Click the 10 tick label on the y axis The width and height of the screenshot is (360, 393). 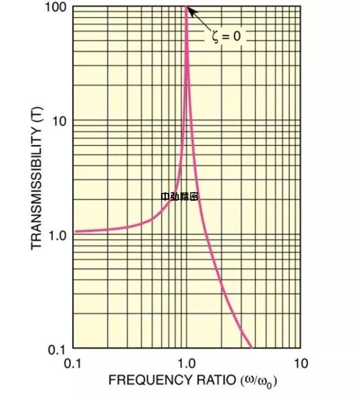tap(60, 121)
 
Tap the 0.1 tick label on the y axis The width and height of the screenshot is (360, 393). tap(58, 349)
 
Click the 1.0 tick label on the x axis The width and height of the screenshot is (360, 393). tap(187, 363)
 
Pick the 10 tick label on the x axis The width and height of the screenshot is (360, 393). tap(301, 363)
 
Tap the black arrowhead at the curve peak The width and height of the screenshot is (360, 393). tap(190, 10)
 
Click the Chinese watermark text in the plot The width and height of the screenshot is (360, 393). tap(179, 196)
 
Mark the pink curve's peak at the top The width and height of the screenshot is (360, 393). tap(186, 8)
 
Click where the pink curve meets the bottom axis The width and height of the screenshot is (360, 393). tap(252, 348)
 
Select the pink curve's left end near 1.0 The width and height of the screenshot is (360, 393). tap(76, 231)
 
